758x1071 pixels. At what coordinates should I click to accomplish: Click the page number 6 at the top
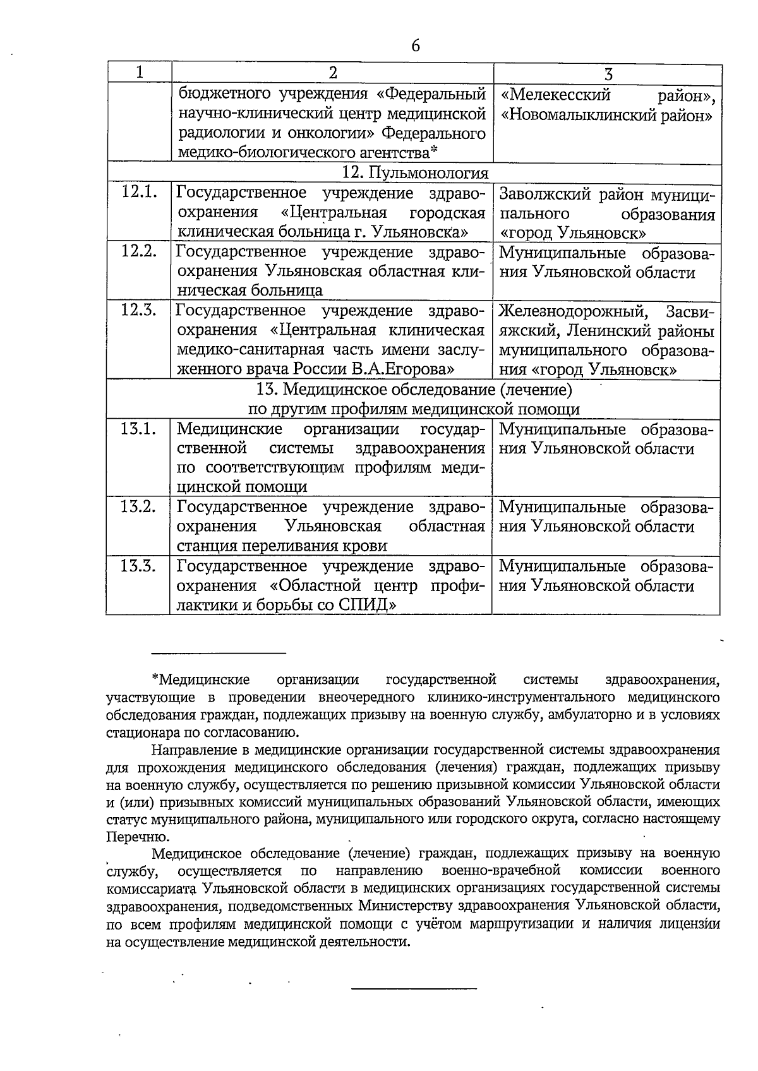[415, 45]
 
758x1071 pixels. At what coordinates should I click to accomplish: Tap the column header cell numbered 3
[608, 74]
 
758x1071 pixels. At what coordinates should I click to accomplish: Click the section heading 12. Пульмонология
[415, 173]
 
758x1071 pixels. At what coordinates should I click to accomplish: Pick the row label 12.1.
[139, 192]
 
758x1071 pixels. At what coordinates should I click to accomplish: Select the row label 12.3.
[139, 310]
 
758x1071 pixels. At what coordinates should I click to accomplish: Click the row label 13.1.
[139, 429]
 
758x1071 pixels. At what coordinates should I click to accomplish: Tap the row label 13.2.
[139, 506]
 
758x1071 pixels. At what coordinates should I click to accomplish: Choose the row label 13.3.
[139, 565]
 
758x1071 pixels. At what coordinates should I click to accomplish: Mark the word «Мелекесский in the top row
[556, 95]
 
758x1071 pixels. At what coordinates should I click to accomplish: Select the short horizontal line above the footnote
[219, 653]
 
